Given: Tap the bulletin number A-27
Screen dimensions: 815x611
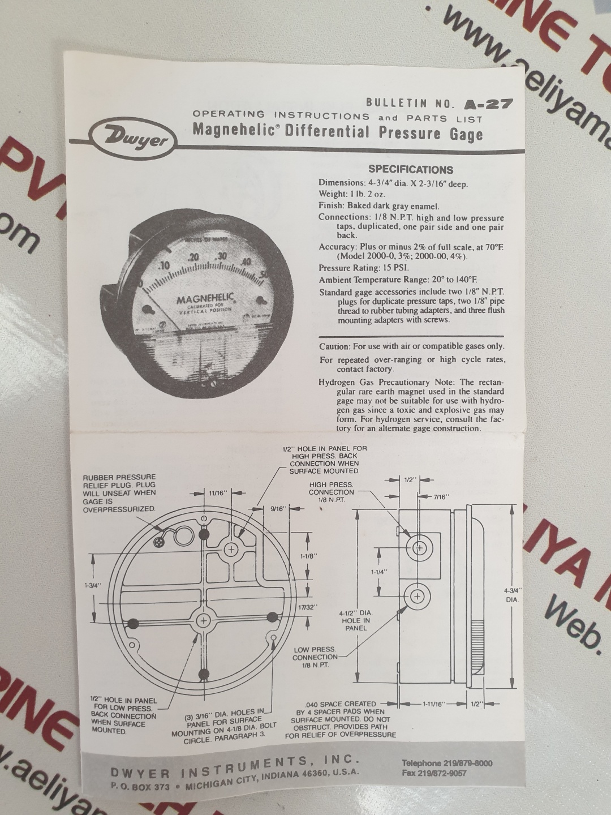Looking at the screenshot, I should pyautogui.click(x=488, y=104).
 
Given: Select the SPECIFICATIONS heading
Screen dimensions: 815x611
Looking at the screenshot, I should pyautogui.click(x=411, y=169).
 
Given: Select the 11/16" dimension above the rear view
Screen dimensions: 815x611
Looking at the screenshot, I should pyautogui.click(x=217, y=493).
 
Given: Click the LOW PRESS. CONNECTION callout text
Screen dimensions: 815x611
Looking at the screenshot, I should pyautogui.click(x=315, y=657).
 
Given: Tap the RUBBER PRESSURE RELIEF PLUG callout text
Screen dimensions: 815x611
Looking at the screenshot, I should pyautogui.click(x=119, y=493).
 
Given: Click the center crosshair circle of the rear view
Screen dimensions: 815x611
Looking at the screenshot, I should pyautogui.click(x=204, y=621).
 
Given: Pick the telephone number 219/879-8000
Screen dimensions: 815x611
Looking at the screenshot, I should pyautogui.click(x=447, y=763).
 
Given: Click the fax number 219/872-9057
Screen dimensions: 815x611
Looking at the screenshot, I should pyautogui.click(x=434, y=773).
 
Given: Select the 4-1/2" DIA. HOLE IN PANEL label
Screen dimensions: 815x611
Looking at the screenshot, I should pyautogui.click(x=356, y=620).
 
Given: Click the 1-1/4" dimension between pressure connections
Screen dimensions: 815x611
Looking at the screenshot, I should pyautogui.click(x=379, y=572).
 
